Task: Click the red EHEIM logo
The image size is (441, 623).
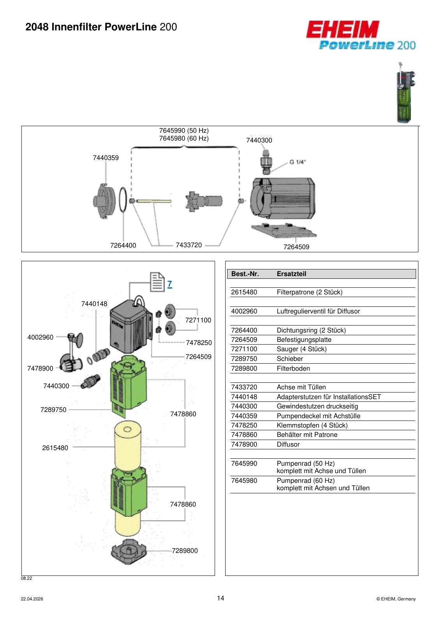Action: click(x=343, y=29)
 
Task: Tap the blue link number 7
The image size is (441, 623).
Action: click(x=170, y=284)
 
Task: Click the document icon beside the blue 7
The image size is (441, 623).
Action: click(x=157, y=282)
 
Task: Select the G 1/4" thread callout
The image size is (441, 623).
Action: click(x=297, y=162)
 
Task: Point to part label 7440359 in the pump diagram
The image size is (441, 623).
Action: click(x=106, y=158)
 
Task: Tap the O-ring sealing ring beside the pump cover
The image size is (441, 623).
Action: click(x=123, y=200)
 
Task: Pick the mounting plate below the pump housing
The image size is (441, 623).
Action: click(x=284, y=231)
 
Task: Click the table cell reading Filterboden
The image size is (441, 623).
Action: click(x=293, y=368)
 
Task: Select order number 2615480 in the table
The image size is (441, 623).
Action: click(x=244, y=292)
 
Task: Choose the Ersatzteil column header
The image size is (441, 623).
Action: click(x=291, y=274)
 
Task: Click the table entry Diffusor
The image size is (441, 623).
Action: click(x=288, y=444)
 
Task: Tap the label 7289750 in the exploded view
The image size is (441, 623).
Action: click(x=53, y=410)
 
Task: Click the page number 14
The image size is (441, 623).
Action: click(x=220, y=598)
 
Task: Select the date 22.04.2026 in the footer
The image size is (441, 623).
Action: click(x=32, y=599)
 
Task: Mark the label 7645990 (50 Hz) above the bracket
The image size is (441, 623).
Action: click(x=184, y=130)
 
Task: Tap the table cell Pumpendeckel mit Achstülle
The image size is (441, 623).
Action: click(x=318, y=416)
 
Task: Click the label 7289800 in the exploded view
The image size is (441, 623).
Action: click(x=185, y=551)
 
